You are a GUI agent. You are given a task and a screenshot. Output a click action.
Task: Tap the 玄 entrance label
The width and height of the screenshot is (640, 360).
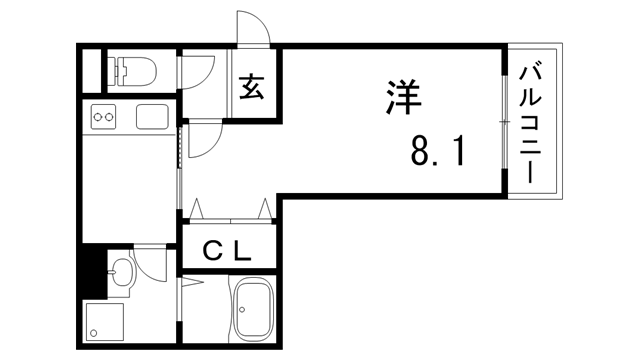point(252,88)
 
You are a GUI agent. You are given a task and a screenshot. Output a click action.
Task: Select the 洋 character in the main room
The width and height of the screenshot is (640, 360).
point(402,96)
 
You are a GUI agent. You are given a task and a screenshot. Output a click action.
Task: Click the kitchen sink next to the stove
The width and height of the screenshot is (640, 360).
point(152,116)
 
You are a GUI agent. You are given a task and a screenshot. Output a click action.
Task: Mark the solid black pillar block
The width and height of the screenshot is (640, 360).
point(93,271)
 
